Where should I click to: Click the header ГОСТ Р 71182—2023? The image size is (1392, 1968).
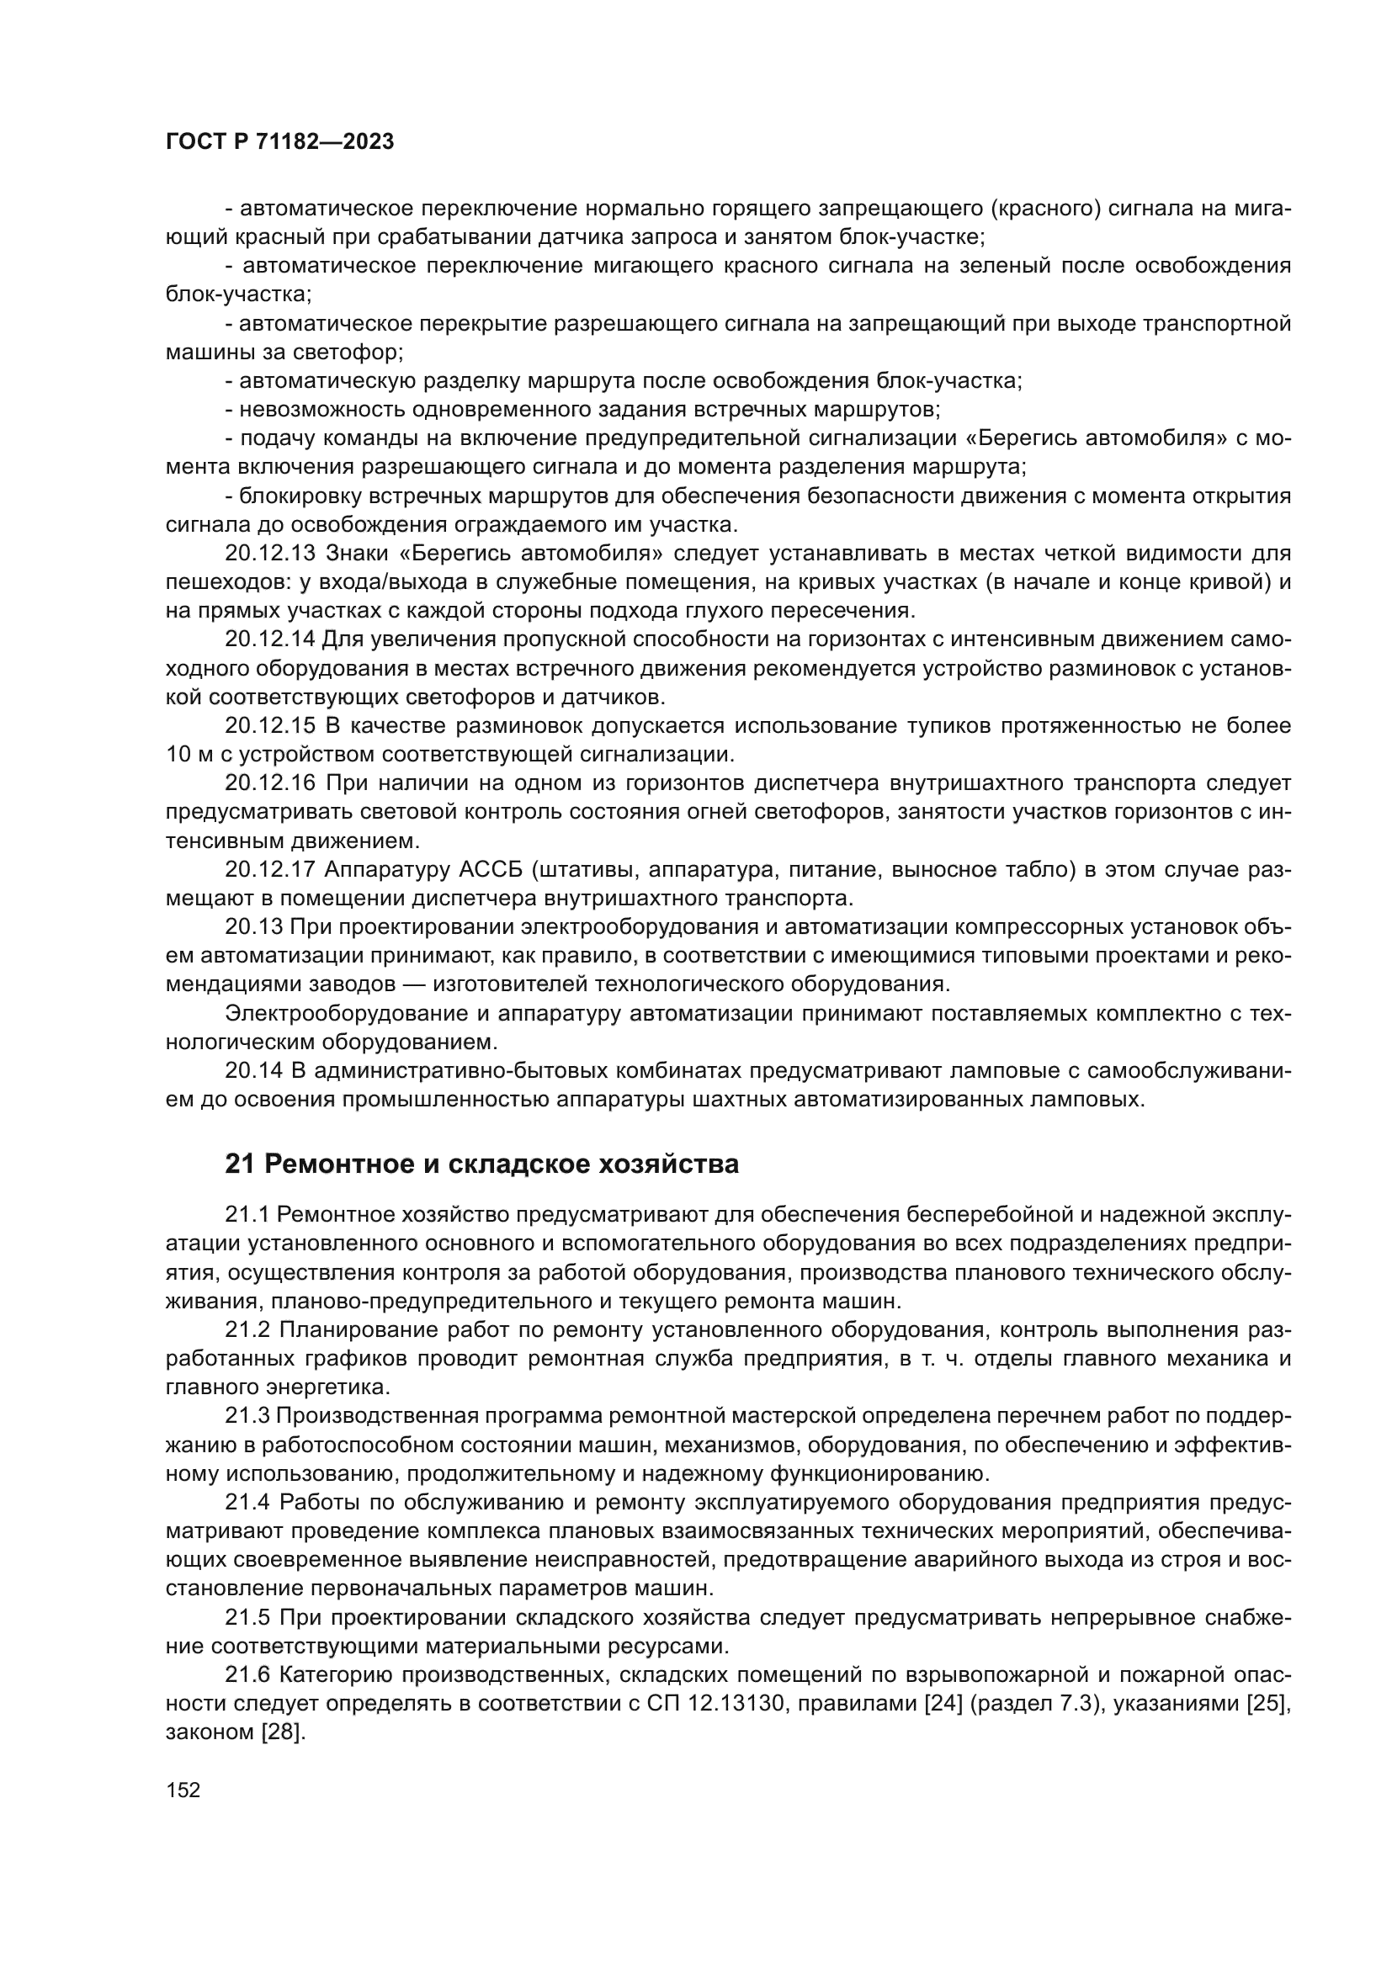pyautogui.click(x=279, y=142)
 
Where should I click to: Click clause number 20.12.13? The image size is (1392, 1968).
pyautogui.click(x=270, y=554)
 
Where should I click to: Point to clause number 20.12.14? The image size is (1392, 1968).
pyautogui.click(x=270, y=639)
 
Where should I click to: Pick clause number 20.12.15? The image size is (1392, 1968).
pyautogui.click(x=270, y=726)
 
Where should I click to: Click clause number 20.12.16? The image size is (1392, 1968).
pyautogui.click(x=270, y=783)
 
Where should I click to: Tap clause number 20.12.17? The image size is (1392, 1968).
pyautogui.click(x=270, y=870)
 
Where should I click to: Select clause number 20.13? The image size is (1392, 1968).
pyautogui.click(x=252, y=927)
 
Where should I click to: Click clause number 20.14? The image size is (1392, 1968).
pyautogui.click(x=252, y=1071)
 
